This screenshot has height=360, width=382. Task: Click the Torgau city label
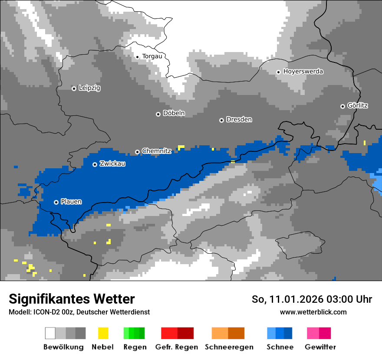152,56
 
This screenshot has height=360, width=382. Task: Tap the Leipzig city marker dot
74,88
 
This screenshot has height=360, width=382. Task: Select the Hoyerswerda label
303,72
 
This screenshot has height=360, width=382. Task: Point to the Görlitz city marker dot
342,106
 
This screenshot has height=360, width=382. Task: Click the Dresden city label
239,120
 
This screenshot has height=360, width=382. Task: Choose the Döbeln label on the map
174,114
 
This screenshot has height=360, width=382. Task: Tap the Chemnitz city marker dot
138,152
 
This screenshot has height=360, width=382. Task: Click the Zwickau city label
112,164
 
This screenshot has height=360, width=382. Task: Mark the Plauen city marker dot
56,202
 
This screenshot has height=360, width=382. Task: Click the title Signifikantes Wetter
72,299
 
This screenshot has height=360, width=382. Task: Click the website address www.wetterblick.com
313,312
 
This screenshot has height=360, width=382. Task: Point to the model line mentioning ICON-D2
79,312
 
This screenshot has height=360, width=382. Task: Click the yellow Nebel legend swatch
103,333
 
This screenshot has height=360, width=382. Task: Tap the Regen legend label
134,347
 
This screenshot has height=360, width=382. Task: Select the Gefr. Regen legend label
177,347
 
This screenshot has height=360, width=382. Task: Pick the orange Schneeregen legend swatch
228,333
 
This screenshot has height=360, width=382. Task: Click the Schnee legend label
280,347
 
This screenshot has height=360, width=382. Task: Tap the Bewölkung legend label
63,347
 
